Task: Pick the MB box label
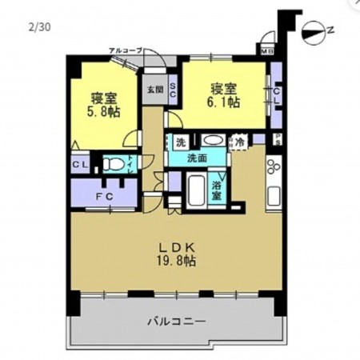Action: tap(266, 51)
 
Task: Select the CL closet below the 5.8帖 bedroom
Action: tap(80, 165)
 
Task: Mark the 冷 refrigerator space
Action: tap(239, 142)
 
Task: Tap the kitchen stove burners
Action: tap(270, 170)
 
